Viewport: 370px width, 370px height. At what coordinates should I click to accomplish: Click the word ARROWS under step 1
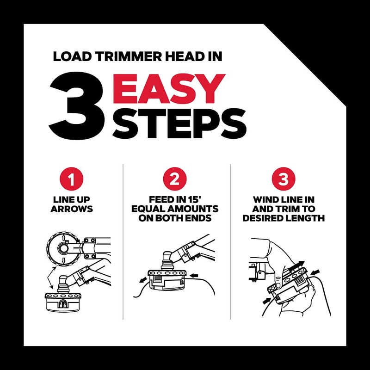[x=72, y=209]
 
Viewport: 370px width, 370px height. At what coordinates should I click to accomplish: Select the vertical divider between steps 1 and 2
[x=123, y=240]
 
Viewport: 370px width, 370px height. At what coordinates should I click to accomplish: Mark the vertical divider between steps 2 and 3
[x=230, y=240]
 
